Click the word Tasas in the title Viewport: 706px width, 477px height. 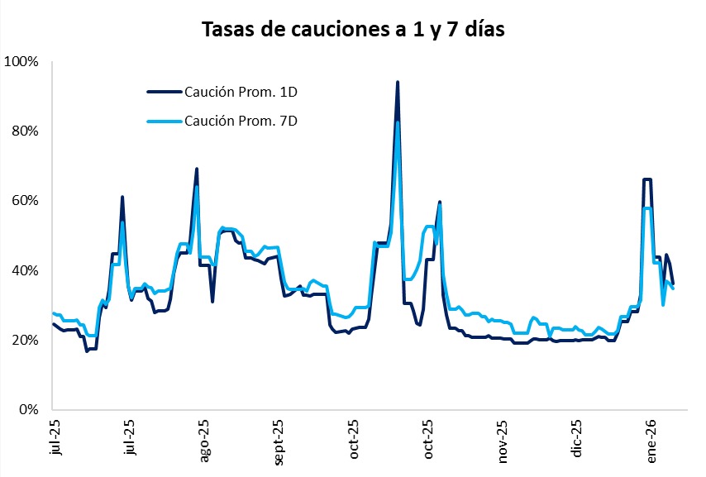tap(227, 30)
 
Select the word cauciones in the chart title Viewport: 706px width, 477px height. tap(322, 30)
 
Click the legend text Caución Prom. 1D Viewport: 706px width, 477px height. tap(241, 91)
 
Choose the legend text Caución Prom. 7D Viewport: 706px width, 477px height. tap(241, 121)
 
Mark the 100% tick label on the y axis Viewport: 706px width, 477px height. tap(22, 62)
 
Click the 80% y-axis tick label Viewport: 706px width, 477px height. tap(25, 131)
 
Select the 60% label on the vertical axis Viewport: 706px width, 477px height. tap(25, 201)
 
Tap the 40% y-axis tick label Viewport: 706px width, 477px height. tap(25, 270)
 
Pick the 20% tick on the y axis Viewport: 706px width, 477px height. tap(25, 340)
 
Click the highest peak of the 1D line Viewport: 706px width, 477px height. tap(398, 83)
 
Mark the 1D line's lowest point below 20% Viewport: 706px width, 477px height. tap(87, 351)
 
